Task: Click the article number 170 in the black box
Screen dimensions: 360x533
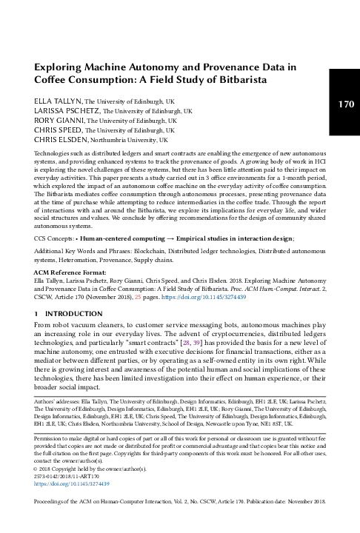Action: click(346, 104)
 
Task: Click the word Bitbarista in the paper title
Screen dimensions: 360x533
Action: click(243, 79)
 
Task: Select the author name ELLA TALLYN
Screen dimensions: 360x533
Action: click(58, 101)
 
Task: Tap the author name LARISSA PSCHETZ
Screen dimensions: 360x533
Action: click(67, 111)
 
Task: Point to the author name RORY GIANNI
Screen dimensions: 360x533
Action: click(59, 121)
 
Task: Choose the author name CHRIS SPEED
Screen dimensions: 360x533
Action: click(58, 130)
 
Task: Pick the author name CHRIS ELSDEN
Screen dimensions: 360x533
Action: click(61, 139)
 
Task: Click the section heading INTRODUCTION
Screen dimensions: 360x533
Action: click(74, 314)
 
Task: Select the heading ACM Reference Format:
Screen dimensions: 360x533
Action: click(70, 272)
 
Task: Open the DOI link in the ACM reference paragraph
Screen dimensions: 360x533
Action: click(204, 297)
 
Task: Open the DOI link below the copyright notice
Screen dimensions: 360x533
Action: click(71, 483)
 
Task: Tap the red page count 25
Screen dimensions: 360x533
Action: click(138, 297)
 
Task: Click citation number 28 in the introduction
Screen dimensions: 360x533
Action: click(186, 343)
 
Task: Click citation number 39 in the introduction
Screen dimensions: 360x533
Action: click(196, 343)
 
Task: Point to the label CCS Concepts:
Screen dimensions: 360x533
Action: click(54, 238)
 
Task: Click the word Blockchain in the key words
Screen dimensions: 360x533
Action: click(150, 252)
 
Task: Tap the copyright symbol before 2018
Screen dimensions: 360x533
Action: click(36, 469)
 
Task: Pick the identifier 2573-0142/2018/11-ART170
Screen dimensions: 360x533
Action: click(67, 477)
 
